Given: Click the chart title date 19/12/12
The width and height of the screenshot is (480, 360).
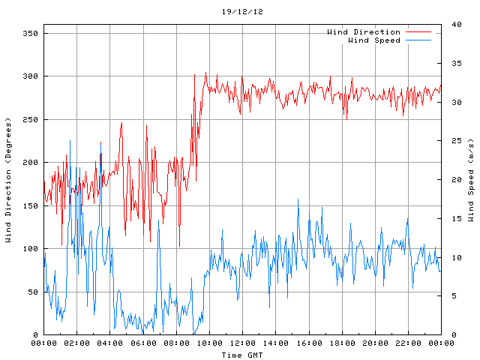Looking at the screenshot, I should pyautogui.click(x=242, y=12).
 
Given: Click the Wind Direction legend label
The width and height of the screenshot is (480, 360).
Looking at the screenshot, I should pyautogui.click(x=364, y=32).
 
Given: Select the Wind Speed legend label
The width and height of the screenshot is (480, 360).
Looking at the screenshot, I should pyautogui.click(x=374, y=40).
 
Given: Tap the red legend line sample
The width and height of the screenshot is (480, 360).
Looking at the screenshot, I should pyautogui.click(x=419, y=32).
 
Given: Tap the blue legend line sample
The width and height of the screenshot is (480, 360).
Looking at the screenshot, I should pyautogui.click(x=419, y=40).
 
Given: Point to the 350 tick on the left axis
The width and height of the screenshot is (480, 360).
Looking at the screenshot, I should pyautogui.click(x=30, y=34).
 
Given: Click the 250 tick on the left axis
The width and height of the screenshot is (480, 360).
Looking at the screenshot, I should pyautogui.click(x=30, y=120).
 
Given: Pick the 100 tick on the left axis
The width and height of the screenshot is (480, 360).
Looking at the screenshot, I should pyautogui.click(x=30, y=249).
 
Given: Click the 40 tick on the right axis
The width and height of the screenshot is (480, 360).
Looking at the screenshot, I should pyautogui.click(x=451, y=25).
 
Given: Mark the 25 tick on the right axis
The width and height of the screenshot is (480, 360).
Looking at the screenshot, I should pyautogui.click(x=451, y=141).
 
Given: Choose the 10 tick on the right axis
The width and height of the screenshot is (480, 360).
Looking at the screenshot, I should pyautogui.click(x=451, y=257).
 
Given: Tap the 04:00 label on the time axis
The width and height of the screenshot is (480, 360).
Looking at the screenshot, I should pyautogui.click(x=110, y=343).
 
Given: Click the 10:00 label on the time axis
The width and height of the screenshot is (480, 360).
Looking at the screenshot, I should pyautogui.click(x=209, y=343).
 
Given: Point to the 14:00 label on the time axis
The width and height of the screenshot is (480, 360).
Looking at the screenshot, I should pyautogui.click(x=275, y=343).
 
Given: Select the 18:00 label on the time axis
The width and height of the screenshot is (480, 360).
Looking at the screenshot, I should pyautogui.click(x=342, y=343).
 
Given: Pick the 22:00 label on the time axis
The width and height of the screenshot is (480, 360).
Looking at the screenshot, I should pyautogui.click(x=408, y=343).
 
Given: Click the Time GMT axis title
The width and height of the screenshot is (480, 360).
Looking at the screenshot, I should pyautogui.click(x=242, y=354).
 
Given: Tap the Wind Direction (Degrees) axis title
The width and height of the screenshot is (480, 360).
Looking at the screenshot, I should pyautogui.click(x=8, y=180).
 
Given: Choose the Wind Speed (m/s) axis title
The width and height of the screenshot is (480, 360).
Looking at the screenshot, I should pyautogui.click(x=471, y=180).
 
